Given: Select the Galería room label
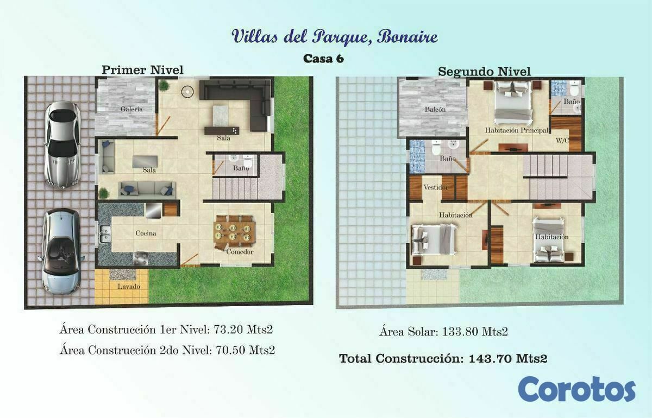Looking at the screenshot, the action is pos(131,109).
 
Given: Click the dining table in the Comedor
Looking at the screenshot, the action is pos(235,232).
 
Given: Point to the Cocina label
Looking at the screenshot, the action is pos(146,233).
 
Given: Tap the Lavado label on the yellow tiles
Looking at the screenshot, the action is pos(129,287).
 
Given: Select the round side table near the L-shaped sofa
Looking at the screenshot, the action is pos(187,92).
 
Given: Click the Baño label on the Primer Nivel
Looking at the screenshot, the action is pos(241,168).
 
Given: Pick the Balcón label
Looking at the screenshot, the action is pos(435,109).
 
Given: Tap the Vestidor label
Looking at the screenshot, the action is pos(436,187).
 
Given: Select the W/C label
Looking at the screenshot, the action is pos(562,141).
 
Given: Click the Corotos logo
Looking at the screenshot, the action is pos(576,389).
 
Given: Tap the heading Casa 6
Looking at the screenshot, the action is pos(323,59).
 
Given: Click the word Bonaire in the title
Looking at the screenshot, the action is pos(407,36).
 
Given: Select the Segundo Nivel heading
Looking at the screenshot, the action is pos(484,72).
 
